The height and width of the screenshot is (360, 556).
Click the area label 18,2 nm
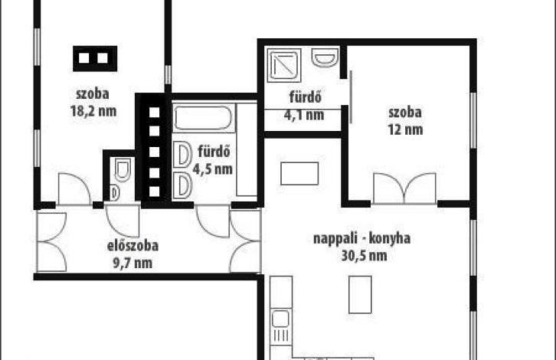(93, 111)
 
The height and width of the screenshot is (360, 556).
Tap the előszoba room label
(132, 245)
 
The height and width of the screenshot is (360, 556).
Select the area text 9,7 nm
(132, 263)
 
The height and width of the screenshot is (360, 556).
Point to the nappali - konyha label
(361, 238)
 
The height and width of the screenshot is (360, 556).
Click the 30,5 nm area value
(365, 255)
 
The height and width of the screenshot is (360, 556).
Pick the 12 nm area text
(405, 129)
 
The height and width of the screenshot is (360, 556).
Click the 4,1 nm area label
(304, 115)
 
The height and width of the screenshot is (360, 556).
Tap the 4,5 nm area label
(212, 169)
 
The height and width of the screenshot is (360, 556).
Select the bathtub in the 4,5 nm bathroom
(203, 118)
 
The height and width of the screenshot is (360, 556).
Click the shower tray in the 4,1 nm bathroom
(285, 65)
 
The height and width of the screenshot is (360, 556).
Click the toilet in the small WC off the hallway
(123, 169)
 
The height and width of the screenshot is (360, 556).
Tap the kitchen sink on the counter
(280, 319)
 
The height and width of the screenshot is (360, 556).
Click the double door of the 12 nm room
(404, 188)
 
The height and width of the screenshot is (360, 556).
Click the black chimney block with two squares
(95, 58)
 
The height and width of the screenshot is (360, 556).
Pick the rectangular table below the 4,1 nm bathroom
(299, 173)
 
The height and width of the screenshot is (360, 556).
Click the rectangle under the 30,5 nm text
(360, 295)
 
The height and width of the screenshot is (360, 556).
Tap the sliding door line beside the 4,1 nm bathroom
(351, 97)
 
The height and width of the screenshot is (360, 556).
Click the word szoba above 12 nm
(405, 113)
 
